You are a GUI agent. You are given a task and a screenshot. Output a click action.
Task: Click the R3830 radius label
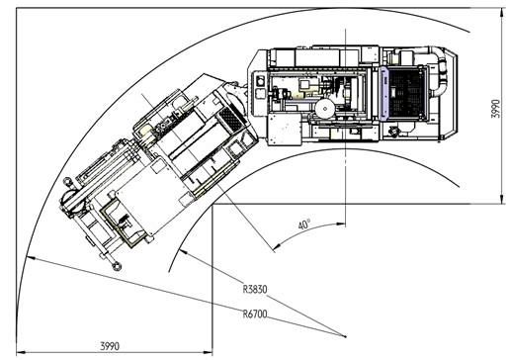255,289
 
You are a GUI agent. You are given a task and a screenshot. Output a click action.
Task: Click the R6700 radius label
255,314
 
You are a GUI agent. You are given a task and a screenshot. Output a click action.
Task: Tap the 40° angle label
304,225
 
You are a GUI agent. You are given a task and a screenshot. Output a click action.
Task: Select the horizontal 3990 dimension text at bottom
110,346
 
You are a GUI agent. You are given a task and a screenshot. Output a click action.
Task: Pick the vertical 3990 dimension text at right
495,109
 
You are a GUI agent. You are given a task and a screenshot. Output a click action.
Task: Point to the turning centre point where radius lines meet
345,336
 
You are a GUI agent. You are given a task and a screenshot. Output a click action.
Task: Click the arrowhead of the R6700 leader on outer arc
30,258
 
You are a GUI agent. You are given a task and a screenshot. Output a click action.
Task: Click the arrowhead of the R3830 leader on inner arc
183,251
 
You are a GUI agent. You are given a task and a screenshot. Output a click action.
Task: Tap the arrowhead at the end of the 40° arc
276,246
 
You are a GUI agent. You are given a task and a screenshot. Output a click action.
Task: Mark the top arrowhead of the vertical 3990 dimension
502,12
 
